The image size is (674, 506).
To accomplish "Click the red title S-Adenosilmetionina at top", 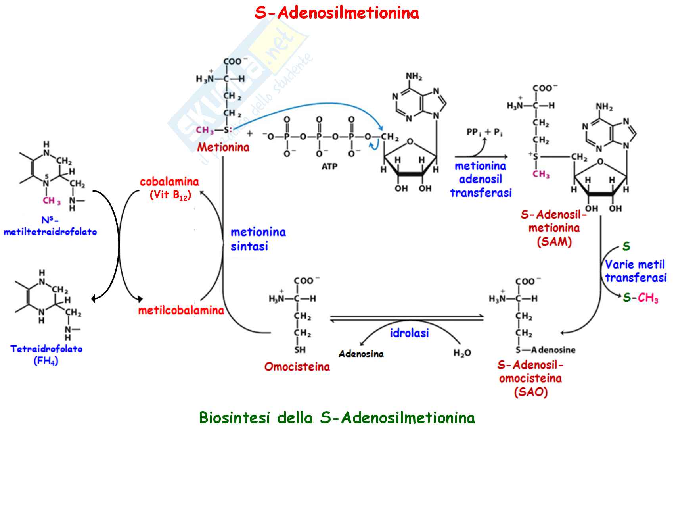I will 337,13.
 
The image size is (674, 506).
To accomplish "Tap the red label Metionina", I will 223,147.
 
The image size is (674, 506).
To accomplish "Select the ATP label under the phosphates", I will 329,166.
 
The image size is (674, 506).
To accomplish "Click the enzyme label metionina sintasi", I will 258,239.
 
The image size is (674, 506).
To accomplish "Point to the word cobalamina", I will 169,182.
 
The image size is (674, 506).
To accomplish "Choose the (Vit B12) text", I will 170,195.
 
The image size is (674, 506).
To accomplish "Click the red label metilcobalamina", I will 181,310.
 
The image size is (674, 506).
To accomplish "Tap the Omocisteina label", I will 297,366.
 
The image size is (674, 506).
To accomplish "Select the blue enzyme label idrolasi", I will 409,333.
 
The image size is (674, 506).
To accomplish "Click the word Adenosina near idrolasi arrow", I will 361,354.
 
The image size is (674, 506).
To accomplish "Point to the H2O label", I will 462,353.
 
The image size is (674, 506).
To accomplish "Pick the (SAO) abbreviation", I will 530,392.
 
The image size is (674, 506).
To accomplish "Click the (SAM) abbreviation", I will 554,242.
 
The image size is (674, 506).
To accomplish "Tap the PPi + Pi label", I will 484,132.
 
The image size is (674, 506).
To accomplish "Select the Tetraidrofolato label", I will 46,349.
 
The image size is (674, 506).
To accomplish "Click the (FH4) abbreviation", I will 46,361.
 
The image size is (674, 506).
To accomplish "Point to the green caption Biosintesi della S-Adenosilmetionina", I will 337,417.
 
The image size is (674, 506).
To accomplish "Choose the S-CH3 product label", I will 640,298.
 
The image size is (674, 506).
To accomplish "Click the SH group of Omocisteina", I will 300,350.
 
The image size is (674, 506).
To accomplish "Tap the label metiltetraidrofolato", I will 50,232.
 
